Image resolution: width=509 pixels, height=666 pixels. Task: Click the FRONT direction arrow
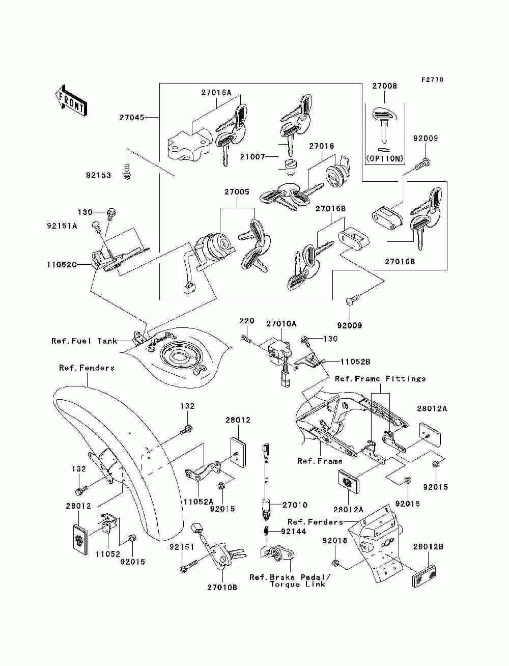click(x=72, y=100)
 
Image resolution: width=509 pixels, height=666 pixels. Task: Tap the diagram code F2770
click(x=432, y=79)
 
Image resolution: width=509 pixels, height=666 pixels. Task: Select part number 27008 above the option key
click(x=384, y=86)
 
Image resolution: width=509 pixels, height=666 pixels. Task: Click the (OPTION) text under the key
click(x=385, y=158)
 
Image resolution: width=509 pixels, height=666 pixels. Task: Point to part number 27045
click(x=132, y=118)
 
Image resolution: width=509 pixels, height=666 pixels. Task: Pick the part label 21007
click(x=252, y=156)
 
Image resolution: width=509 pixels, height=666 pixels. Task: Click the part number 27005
click(x=237, y=192)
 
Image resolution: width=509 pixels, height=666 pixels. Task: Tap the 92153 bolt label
click(x=98, y=175)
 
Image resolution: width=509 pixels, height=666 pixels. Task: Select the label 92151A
click(x=62, y=226)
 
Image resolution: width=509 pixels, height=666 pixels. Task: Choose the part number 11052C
click(x=62, y=265)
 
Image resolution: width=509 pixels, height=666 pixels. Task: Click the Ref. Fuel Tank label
click(x=84, y=341)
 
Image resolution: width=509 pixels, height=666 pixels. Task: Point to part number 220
click(x=247, y=321)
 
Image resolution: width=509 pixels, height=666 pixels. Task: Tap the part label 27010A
click(x=281, y=324)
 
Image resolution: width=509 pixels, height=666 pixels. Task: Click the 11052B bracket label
click(x=355, y=362)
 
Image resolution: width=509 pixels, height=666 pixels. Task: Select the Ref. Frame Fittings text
click(x=380, y=379)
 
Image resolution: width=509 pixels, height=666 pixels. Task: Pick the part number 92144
click(x=293, y=531)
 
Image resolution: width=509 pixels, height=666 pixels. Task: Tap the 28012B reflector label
click(x=428, y=546)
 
